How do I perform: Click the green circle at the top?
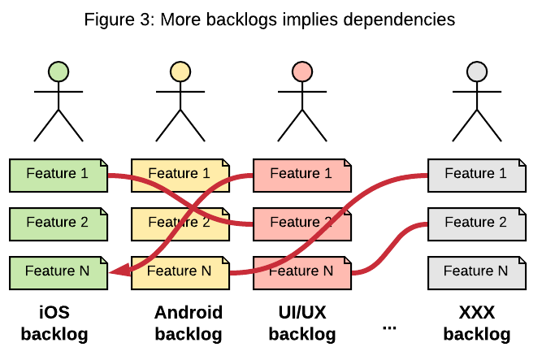(x=59, y=72)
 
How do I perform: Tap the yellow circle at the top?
(x=180, y=72)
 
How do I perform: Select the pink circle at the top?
(x=302, y=72)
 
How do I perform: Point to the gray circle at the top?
(x=477, y=72)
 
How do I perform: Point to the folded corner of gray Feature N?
(x=518, y=261)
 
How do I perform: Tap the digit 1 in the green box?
(x=84, y=173)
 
